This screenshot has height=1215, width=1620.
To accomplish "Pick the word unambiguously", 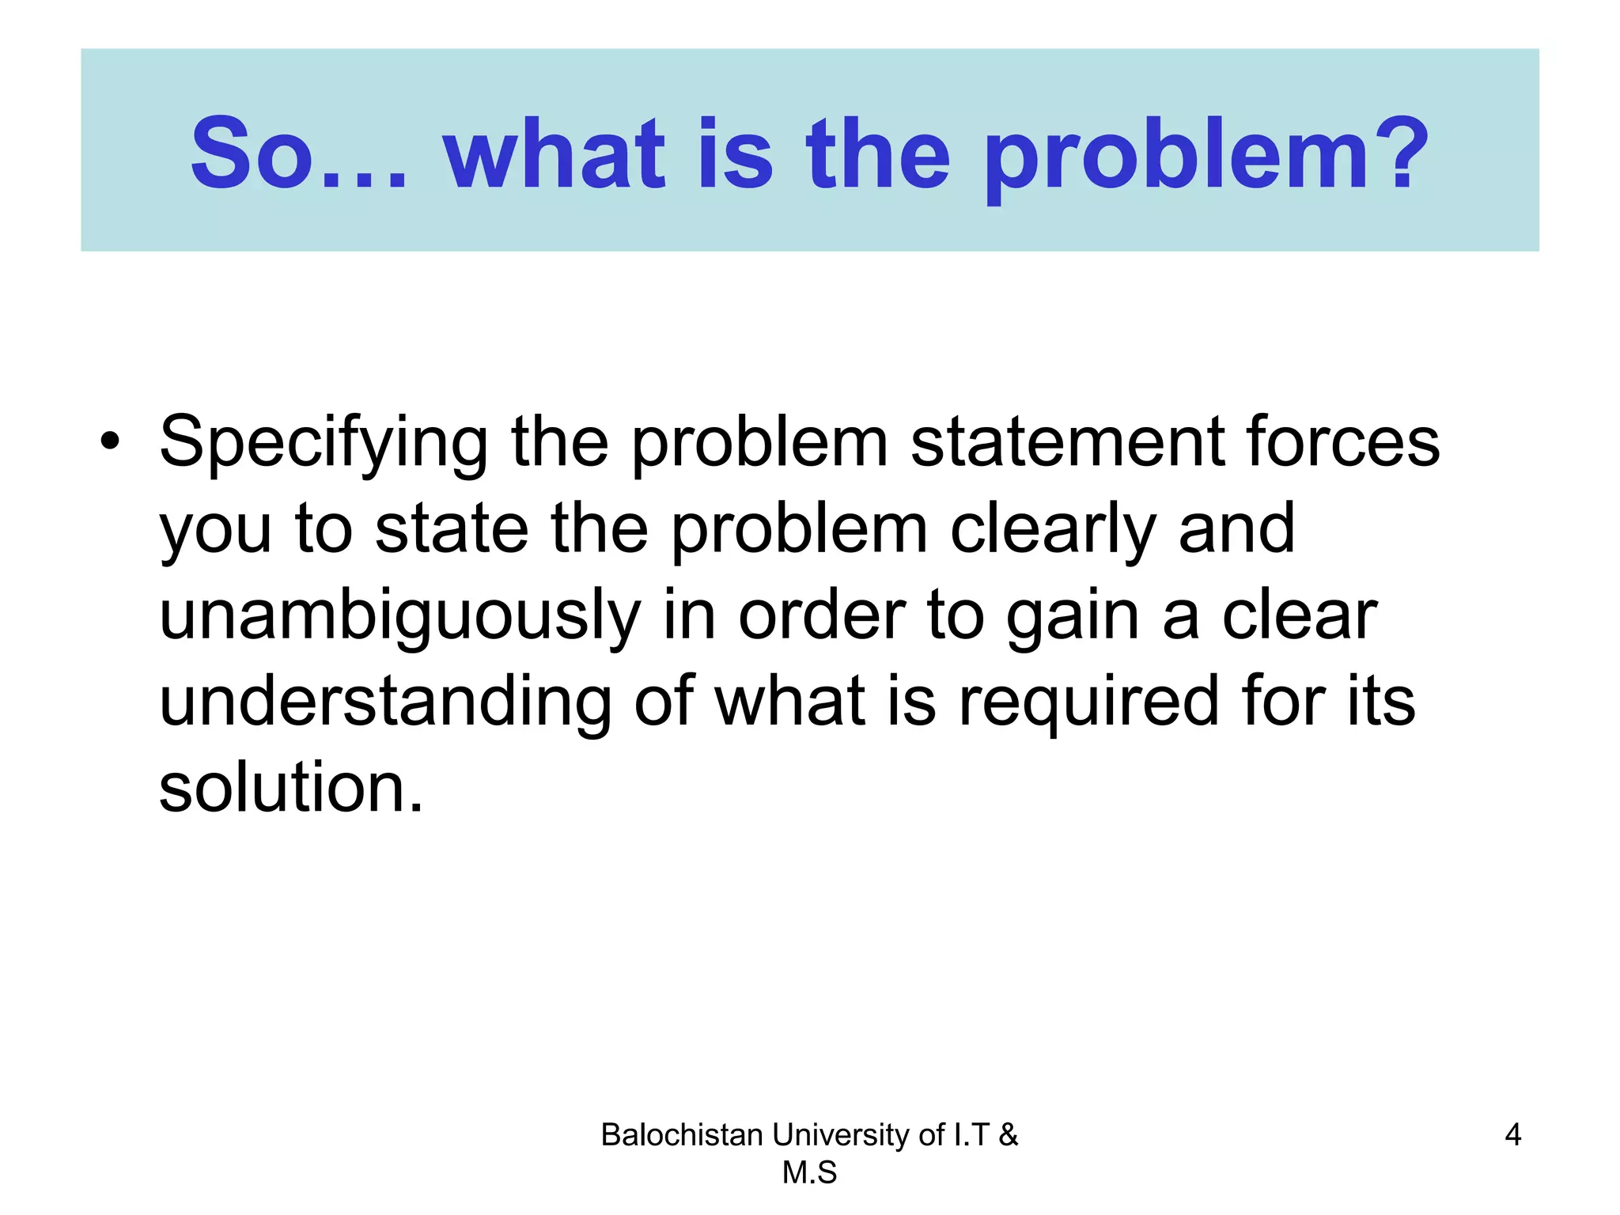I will pyautogui.click(x=400, y=619).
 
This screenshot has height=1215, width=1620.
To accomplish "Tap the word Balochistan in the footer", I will pyautogui.click(x=682, y=1135).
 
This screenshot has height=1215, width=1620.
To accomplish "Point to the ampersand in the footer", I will pyautogui.click(x=1009, y=1135).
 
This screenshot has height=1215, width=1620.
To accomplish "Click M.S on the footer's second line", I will pyautogui.click(x=809, y=1173).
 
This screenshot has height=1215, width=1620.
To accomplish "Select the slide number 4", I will pyautogui.click(x=1512, y=1135).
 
